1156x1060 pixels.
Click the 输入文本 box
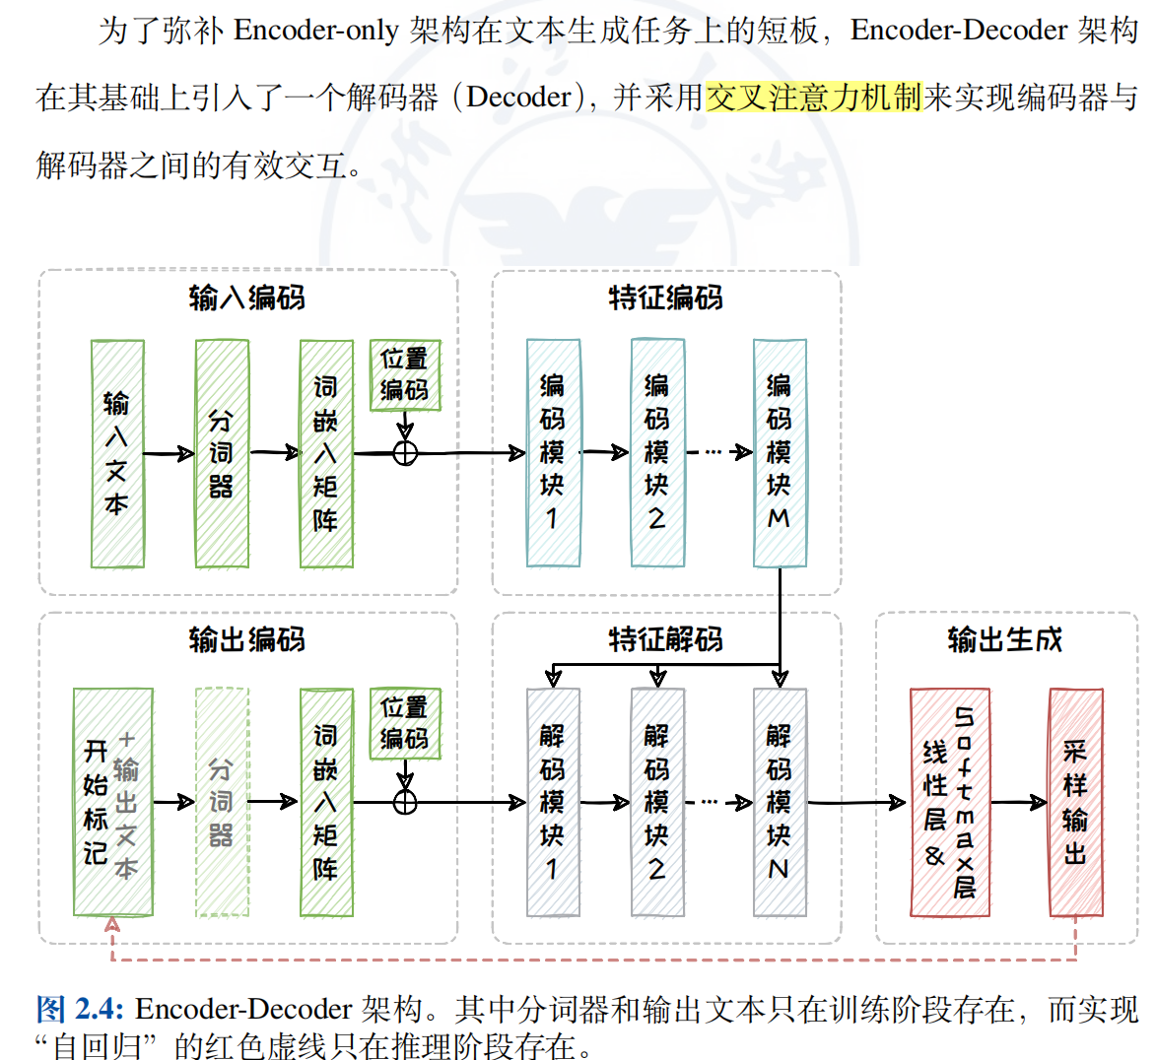click(117, 453)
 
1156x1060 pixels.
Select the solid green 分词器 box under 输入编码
click(222, 453)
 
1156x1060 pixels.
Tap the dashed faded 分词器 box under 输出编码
click(222, 802)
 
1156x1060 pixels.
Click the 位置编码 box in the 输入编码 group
click(405, 375)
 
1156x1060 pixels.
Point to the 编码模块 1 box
click(553, 453)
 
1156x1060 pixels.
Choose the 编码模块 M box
click(780, 453)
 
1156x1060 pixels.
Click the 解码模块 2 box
click(657, 802)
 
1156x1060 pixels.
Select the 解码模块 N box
click(780, 802)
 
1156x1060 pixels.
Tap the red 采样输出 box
click(1075, 802)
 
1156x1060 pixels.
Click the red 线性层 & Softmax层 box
click(949, 802)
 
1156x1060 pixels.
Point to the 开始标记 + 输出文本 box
click(112, 802)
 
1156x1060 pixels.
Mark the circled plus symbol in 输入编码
click(405, 453)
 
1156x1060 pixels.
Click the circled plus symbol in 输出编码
click(405, 802)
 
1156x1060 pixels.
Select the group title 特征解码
click(666, 639)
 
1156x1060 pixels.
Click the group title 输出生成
click(1005, 639)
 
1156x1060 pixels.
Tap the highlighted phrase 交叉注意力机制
click(814, 97)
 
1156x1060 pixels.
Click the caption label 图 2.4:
click(80, 1009)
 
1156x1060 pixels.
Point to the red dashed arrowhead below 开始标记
click(112, 925)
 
